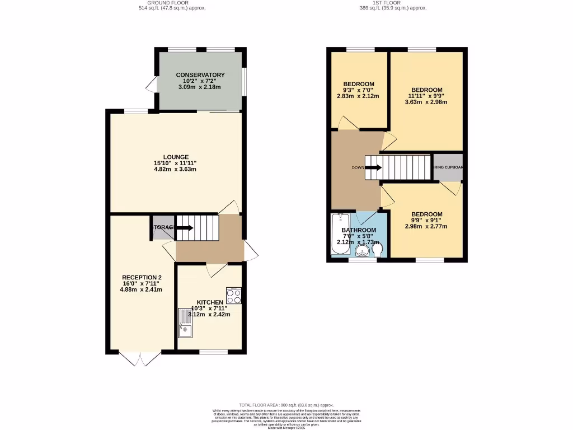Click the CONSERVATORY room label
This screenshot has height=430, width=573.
(200, 75)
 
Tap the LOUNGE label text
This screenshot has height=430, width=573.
(175, 157)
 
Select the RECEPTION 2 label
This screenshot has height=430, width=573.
(142, 277)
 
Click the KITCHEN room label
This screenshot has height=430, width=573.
(210, 302)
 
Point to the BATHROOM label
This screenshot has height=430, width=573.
(359, 230)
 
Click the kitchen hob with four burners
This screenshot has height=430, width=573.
(233, 295)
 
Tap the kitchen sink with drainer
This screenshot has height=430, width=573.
(185, 323)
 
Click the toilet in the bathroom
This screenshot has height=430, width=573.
(379, 249)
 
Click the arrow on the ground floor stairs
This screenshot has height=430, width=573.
(184, 227)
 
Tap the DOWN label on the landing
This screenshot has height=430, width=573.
(358, 167)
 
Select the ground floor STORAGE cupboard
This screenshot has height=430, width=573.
(162, 227)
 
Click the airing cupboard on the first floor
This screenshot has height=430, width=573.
(448, 167)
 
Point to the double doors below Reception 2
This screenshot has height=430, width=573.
(140, 358)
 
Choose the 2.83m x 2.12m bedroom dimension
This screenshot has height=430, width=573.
(358, 96)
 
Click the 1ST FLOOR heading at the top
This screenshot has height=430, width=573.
(392, 3)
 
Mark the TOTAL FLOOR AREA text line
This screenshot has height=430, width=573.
(286, 405)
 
